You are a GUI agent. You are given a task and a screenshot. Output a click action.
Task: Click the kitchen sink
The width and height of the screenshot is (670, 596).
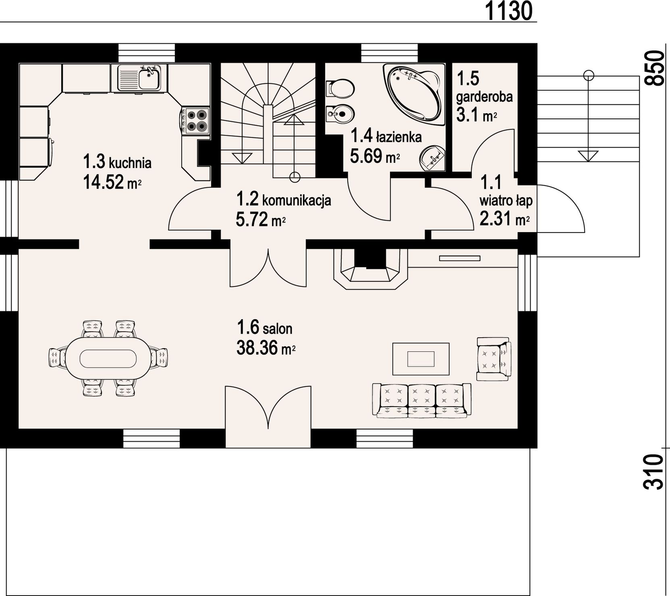139,78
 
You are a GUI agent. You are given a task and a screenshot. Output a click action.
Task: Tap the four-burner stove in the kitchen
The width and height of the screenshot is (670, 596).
195,121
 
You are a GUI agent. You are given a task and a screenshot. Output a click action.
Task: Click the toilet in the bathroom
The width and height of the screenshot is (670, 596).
340,88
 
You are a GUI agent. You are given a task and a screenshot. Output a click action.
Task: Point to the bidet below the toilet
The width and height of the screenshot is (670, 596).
340,114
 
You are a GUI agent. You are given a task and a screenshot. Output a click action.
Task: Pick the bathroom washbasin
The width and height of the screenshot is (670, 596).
433,157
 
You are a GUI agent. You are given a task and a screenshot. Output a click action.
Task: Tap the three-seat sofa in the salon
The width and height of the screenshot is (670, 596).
422,400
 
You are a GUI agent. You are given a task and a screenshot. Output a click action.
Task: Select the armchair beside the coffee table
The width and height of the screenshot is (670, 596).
494,359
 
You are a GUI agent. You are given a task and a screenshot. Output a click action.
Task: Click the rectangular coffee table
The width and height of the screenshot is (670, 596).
421,359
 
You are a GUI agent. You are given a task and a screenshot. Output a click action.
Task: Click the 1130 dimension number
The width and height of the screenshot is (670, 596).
508,11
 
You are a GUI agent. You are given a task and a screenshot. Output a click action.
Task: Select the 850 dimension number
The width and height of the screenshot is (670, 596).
653,68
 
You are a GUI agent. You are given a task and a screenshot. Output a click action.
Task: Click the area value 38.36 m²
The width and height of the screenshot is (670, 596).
266,348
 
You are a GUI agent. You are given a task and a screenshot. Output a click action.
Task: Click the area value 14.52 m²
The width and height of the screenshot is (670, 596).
112,182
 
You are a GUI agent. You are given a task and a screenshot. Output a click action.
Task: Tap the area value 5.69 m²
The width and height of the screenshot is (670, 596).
375,156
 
